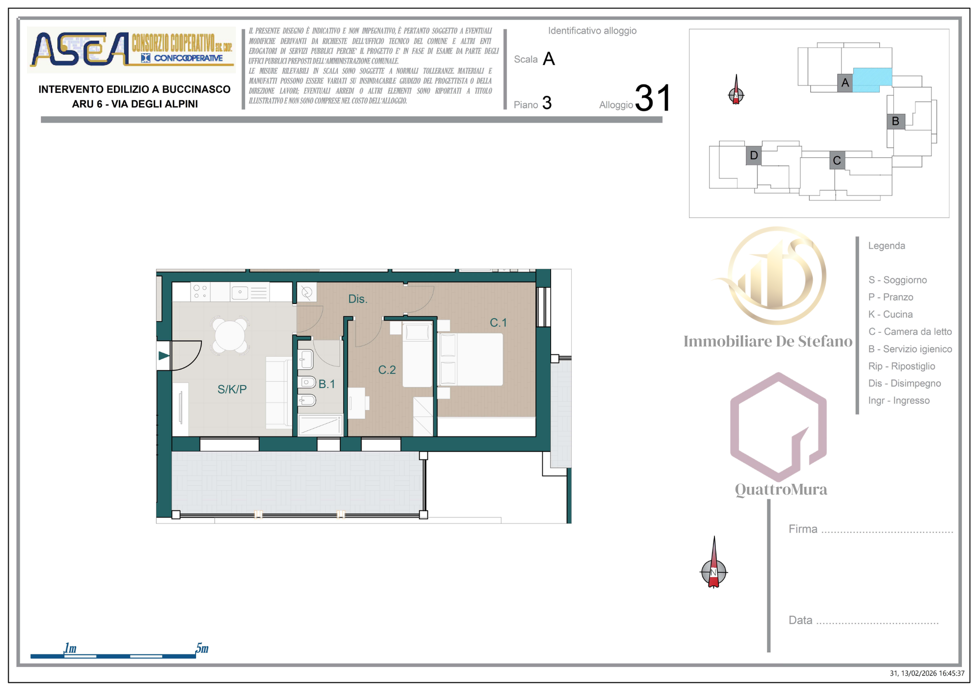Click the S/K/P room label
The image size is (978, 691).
[x=232, y=389]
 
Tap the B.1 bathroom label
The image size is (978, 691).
[x=327, y=384]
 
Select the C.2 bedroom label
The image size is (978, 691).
[x=387, y=370]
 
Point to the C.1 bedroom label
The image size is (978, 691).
[x=498, y=323]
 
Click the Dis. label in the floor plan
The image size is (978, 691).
[x=357, y=299]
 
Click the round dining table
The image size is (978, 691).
[x=229, y=336]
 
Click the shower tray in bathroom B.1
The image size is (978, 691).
[x=320, y=425]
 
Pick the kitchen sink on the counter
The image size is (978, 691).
[x=240, y=292]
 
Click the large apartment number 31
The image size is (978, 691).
[x=653, y=98]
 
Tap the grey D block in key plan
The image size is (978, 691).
[x=754, y=155]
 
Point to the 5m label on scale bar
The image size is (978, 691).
[x=202, y=648]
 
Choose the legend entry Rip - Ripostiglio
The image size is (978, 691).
[x=901, y=366]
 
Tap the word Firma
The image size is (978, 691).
[x=802, y=529]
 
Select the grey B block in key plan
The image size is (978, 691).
[x=895, y=121]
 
